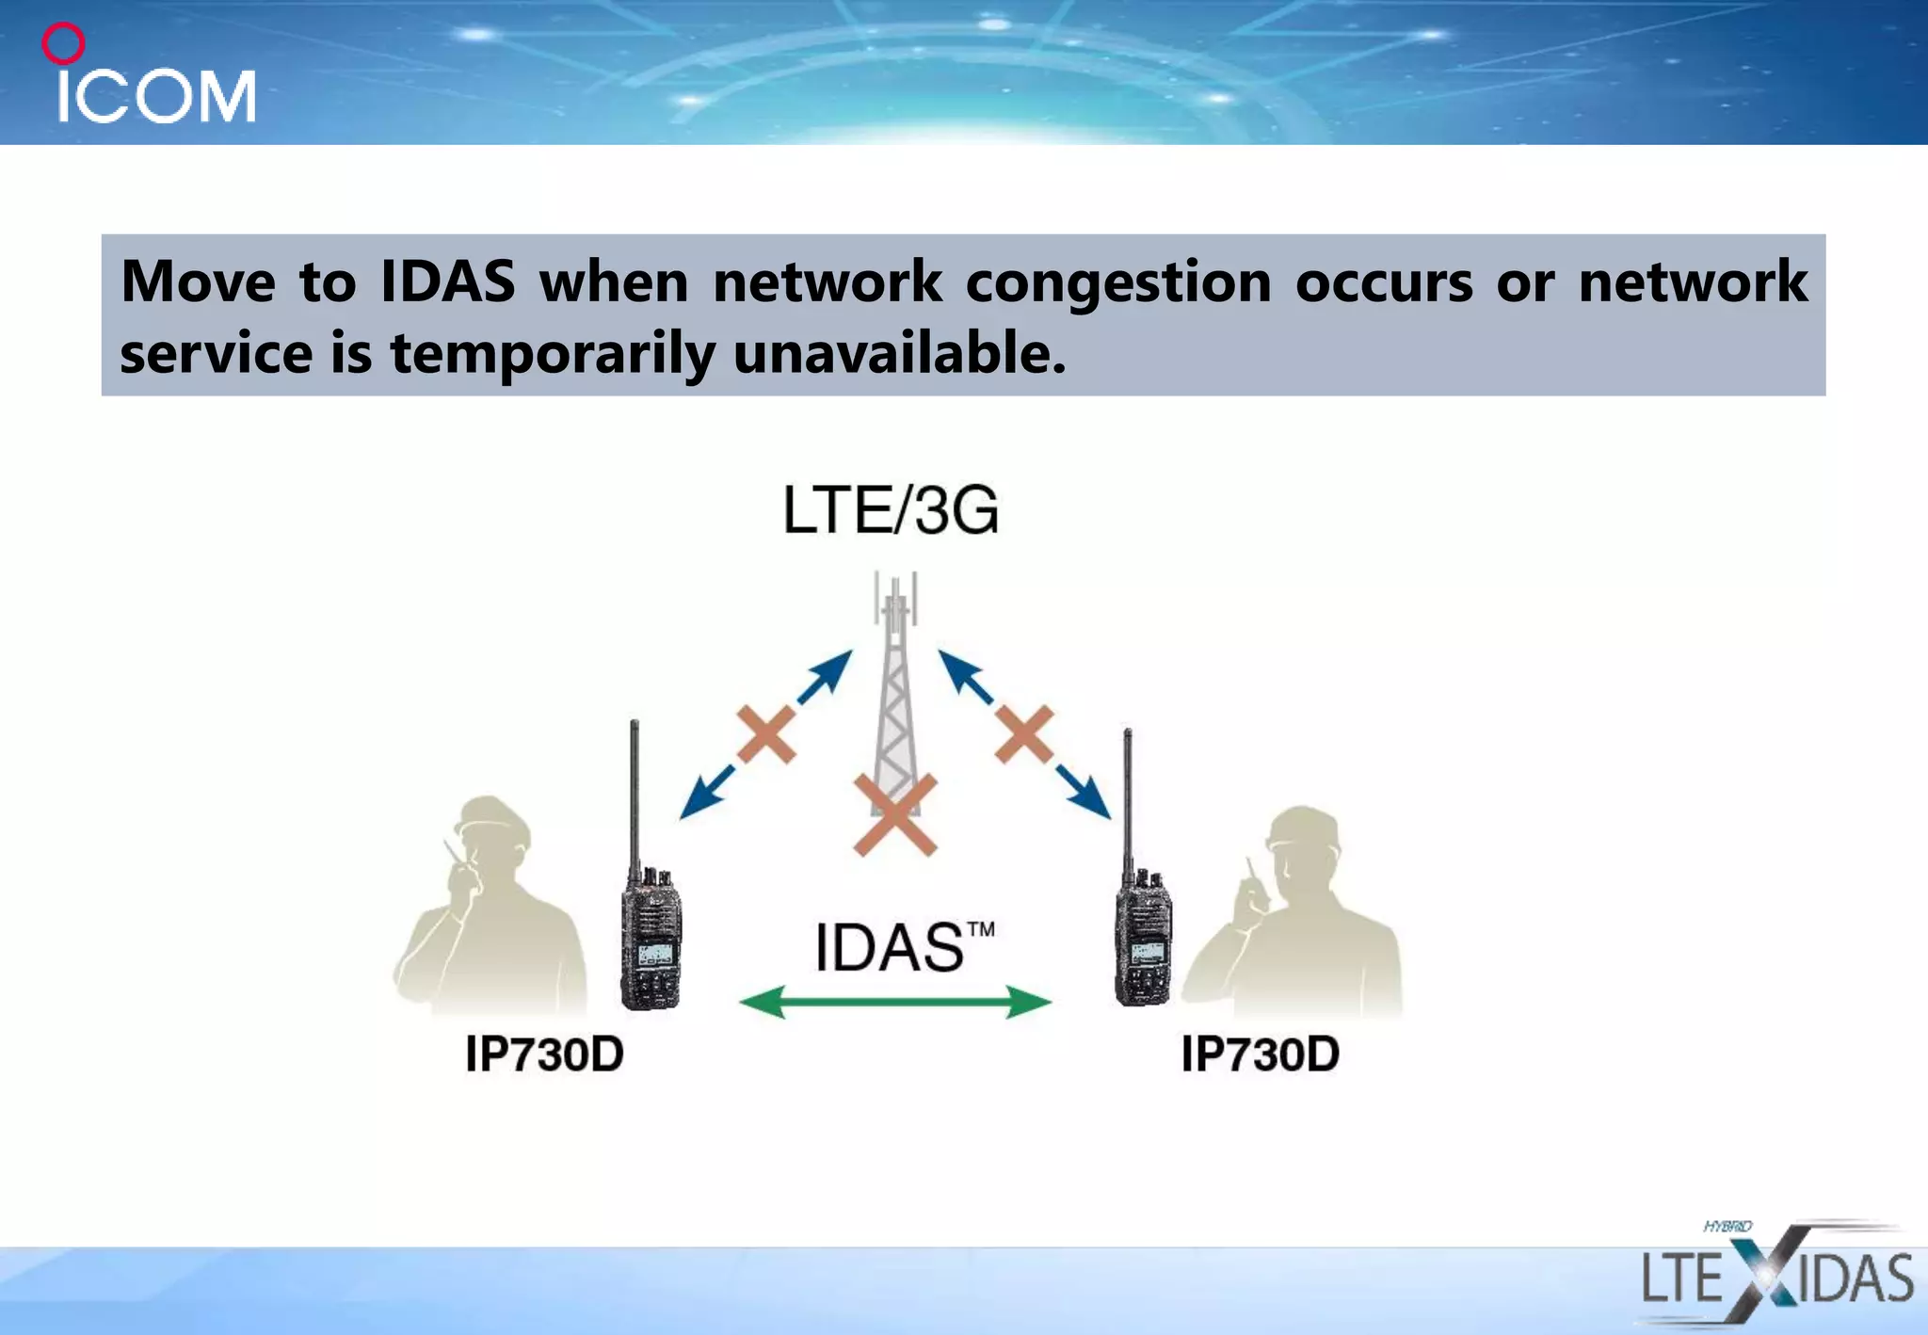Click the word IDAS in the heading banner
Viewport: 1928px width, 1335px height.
point(448,281)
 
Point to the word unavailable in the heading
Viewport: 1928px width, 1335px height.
point(899,354)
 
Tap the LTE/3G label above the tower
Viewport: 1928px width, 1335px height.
point(891,511)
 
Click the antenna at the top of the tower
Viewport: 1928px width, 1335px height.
point(895,599)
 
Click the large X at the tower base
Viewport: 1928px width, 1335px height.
point(894,814)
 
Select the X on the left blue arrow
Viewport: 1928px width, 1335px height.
point(766,734)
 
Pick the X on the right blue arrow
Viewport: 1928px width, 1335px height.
point(1024,734)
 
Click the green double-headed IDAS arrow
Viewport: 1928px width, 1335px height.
point(894,1002)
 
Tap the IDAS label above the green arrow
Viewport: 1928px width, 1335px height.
point(890,947)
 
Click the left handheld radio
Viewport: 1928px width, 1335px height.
point(650,932)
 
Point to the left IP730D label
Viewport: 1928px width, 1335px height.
point(544,1054)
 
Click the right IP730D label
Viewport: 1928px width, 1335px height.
point(1260,1054)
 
